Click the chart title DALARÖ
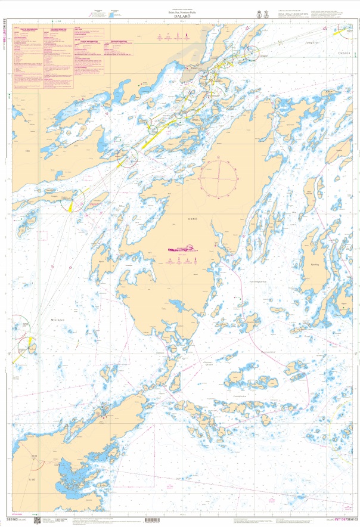pos(181,17)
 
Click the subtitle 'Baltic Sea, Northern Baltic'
pos(181,12)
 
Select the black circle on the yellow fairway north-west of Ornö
pos(126,157)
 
